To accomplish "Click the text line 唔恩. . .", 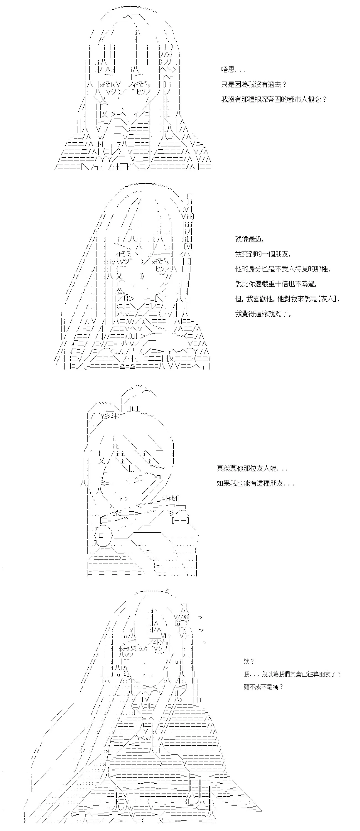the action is [x=233, y=69].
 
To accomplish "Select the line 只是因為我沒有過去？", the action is [x=254, y=84].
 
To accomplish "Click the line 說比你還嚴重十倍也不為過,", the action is [x=276, y=284].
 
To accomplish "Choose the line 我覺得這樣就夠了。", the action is [x=264, y=314].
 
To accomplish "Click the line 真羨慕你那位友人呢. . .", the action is [x=247, y=468].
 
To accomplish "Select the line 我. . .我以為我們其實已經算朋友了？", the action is [x=292, y=674].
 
